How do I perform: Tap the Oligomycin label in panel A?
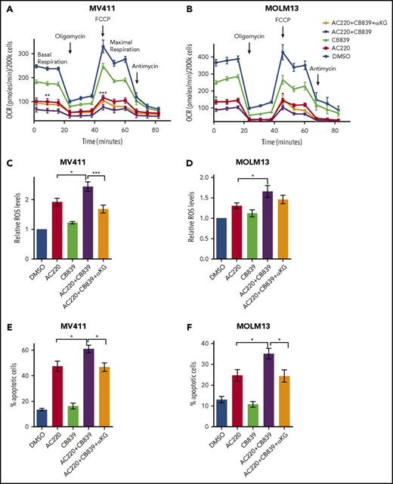click(x=70, y=35)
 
